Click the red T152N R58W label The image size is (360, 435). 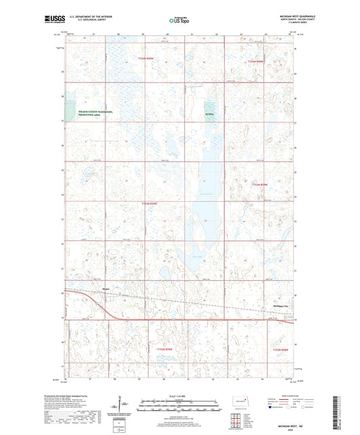[278, 350]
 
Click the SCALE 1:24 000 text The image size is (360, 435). [179, 396]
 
